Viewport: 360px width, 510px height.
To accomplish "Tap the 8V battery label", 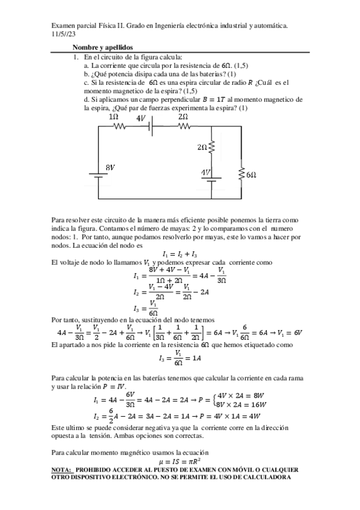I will click(x=111, y=167).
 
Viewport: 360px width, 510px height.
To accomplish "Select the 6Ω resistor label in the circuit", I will click(x=251, y=174).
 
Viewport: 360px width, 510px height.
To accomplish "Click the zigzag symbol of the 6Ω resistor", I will click(x=240, y=174).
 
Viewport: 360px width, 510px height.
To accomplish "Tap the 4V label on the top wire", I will click(x=142, y=118).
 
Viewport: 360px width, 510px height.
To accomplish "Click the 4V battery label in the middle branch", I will click(x=206, y=173).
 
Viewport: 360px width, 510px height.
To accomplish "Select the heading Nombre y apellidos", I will click(x=103, y=47).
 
